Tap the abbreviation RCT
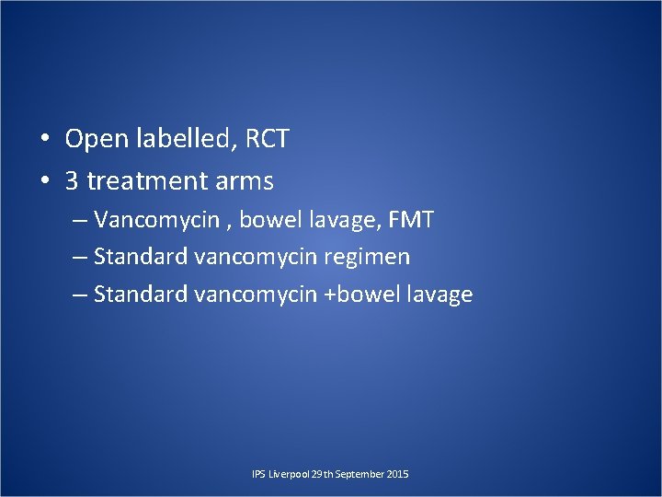click(268, 140)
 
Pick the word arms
click(245, 181)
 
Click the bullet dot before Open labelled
click(44, 141)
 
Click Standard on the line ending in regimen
click(141, 258)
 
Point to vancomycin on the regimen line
click(255, 258)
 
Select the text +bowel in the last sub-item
click(364, 295)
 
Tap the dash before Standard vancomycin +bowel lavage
click(80, 295)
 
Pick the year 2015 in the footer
click(399, 474)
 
